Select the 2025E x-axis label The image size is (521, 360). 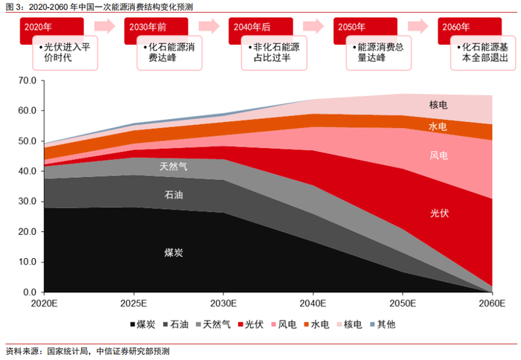click(133, 303)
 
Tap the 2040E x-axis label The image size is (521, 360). click(313, 303)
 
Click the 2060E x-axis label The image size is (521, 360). click(492, 303)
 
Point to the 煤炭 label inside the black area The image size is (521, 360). click(173, 253)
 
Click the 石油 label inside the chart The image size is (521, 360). click(173, 195)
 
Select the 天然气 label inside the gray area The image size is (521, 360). click(173, 167)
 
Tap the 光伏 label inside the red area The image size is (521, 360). click(439, 213)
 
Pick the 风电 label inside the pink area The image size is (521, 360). click(439, 156)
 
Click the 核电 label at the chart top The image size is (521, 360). click(439, 105)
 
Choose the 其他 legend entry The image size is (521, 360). click(382, 324)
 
